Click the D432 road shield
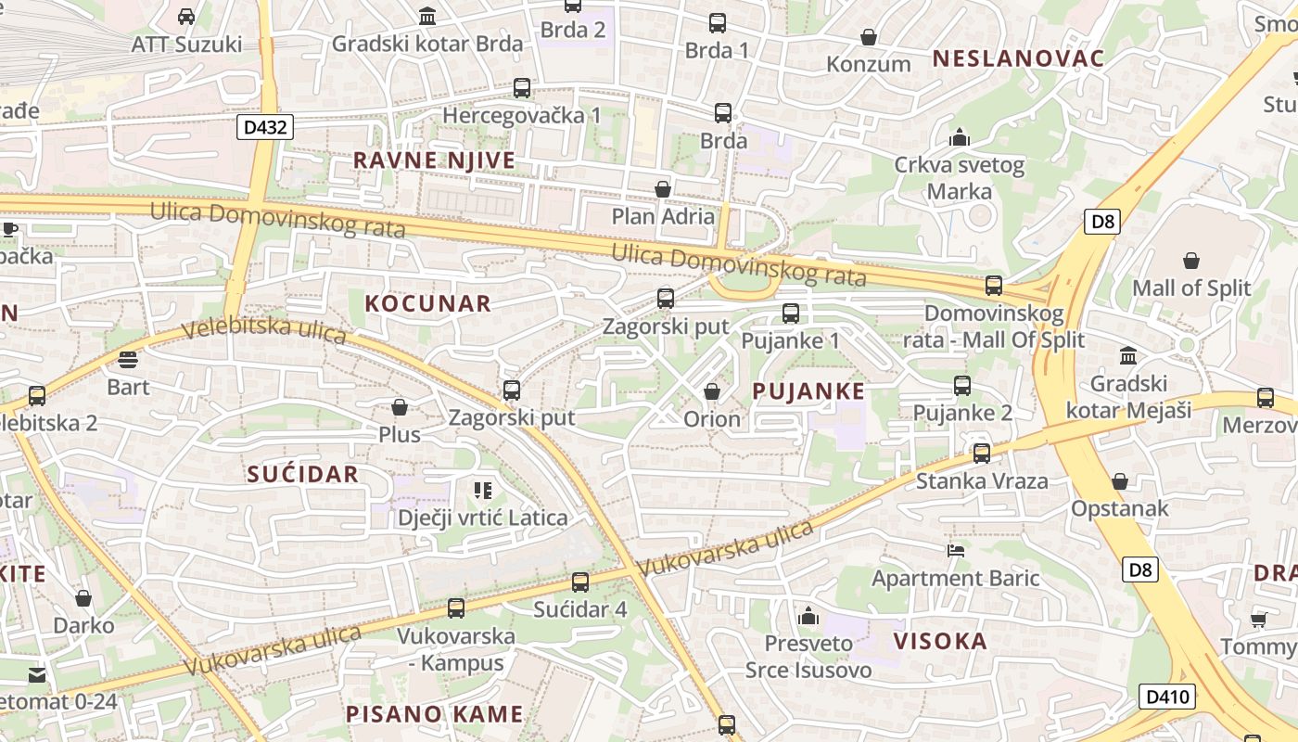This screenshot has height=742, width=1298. pyautogui.click(x=264, y=127)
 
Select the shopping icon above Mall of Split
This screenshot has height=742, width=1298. pyautogui.click(x=1190, y=261)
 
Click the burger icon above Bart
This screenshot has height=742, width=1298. pyautogui.click(x=128, y=359)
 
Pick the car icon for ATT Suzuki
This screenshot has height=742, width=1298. pyautogui.click(x=185, y=16)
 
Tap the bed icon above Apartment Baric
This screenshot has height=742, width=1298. pyautogui.click(x=956, y=550)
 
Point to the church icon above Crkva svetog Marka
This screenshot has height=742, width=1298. pyautogui.click(x=959, y=138)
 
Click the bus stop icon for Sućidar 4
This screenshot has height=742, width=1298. pyautogui.click(x=580, y=582)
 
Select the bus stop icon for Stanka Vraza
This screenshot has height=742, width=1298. pyautogui.click(x=981, y=454)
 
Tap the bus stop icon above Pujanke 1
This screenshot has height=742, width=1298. pyautogui.click(x=790, y=313)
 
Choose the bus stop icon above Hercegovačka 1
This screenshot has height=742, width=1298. pyautogui.click(x=522, y=88)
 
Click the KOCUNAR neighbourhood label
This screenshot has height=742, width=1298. pyautogui.click(x=427, y=303)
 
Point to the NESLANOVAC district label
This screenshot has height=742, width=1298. pyautogui.click(x=1018, y=58)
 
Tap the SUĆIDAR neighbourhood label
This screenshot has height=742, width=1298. pyautogui.click(x=302, y=474)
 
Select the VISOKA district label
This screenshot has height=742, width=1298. pyautogui.click(x=940, y=641)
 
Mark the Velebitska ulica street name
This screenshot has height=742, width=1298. pyautogui.click(x=264, y=330)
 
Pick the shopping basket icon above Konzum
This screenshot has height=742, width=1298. pyautogui.click(x=869, y=37)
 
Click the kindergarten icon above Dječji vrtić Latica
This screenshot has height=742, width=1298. pyautogui.click(x=482, y=490)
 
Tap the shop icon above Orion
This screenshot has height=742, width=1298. pyautogui.click(x=712, y=392)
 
